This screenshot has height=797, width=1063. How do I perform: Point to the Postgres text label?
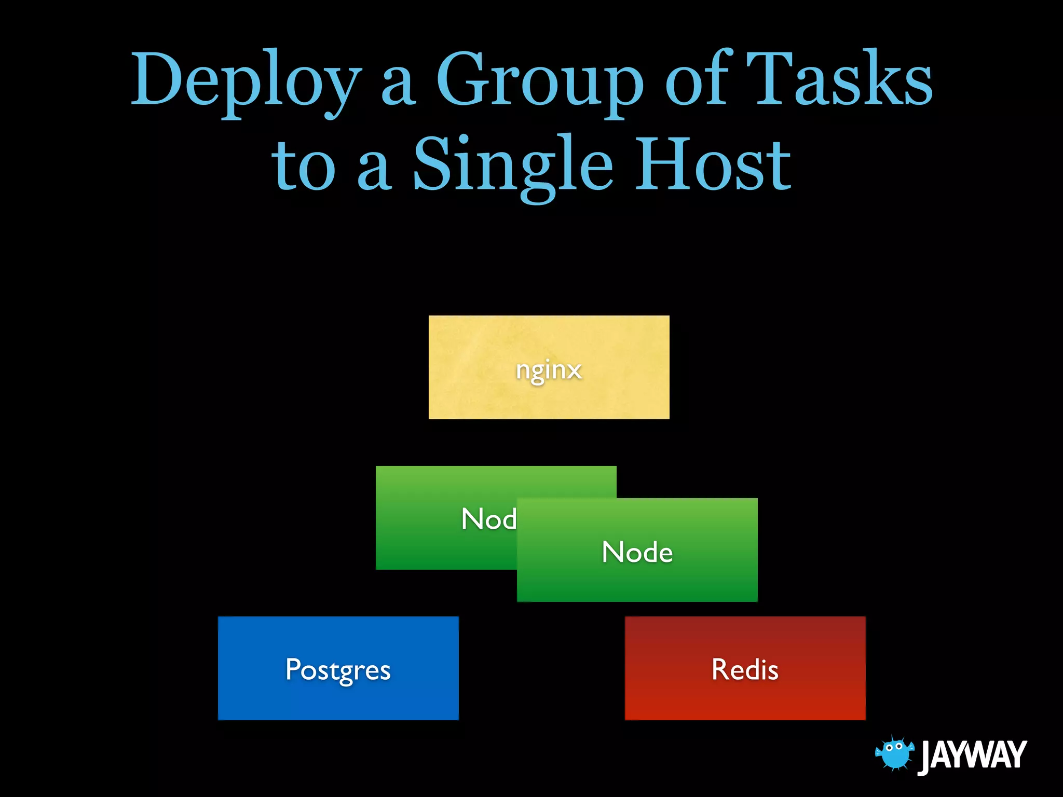click(x=338, y=670)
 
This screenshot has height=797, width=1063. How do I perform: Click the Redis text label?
click(x=745, y=669)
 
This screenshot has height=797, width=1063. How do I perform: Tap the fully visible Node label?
click(x=637, y=552)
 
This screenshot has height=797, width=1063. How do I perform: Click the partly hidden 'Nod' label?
click(x=488, y=519)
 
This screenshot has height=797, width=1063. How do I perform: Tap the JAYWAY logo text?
click(x=973, y=755)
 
